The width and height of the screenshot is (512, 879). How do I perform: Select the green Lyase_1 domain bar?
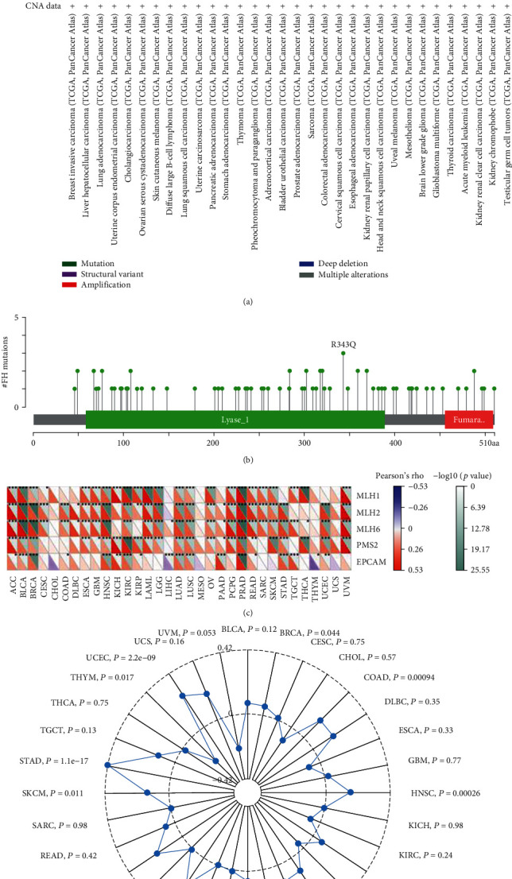click(235, 418)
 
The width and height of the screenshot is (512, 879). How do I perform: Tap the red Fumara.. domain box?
click(469, 418)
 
